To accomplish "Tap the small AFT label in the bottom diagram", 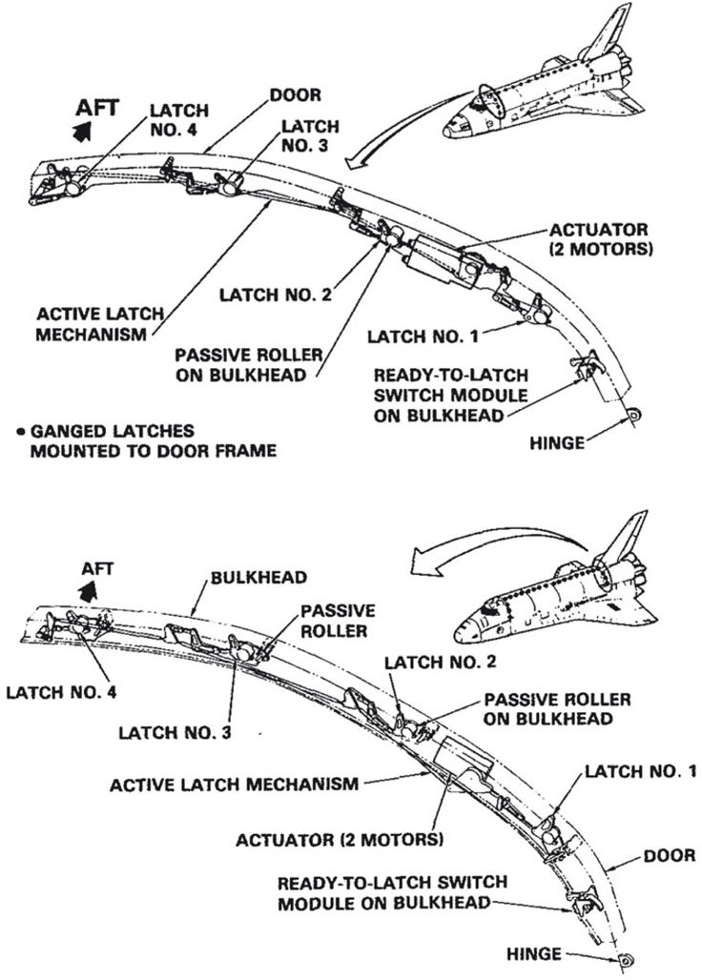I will (x=96, y=569).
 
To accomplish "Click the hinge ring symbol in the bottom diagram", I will (x=628, y=961).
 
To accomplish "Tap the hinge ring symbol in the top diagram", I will (x=633, y=414).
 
